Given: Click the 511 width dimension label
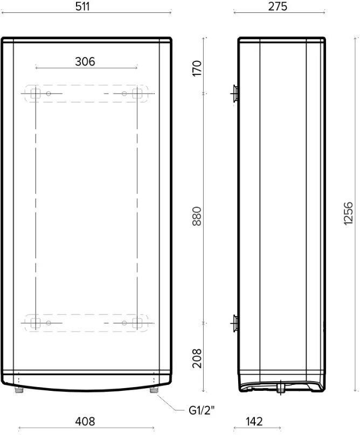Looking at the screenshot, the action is (x=82, y=6).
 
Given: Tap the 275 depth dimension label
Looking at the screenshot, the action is (x=278, y=6).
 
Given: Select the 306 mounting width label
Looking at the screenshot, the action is (x=85, y=61).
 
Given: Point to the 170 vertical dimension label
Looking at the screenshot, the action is (x=197, y=68).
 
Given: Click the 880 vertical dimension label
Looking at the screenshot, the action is (x=197, y=216).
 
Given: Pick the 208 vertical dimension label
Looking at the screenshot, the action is (x=197, y=359).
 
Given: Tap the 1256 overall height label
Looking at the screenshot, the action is (x=348, y=213).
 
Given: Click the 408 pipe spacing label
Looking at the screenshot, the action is (x=85, y=422).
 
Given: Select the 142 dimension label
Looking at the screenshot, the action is (x=254, y=422).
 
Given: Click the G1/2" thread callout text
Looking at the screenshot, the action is (x=202, y=410).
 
